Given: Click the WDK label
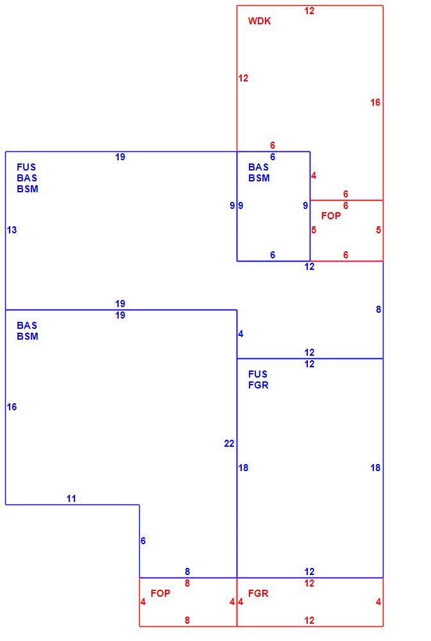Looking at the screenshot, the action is [x=259, y=21].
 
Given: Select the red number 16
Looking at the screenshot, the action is [x=375, y=103].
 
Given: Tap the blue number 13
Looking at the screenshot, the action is [x=12, y=230].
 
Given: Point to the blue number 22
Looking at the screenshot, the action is [x=229, y=444].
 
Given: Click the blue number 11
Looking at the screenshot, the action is [x=71, y=499].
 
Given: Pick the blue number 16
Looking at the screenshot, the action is [x=12, y=407].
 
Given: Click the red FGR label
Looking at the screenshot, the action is [x=258, y=593].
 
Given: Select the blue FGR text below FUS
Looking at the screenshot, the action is [x=258, y=385].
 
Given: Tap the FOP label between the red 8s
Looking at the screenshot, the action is [x=160, y=593].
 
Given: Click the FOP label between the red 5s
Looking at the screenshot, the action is [x=331, y=216].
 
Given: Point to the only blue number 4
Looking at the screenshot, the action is [x=241, y=335].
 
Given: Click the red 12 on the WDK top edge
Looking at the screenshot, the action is [x=309, y=11].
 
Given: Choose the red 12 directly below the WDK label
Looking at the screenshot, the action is [x=243, y=78].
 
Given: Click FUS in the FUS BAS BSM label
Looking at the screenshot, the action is [x=26, y=167].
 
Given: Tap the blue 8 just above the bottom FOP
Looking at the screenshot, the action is [x=187, y=572].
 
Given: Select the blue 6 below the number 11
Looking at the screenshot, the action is [x=143, y=541].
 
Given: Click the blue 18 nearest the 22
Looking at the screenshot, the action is [x=243, y=468].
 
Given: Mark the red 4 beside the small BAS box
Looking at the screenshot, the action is [x=314, y=176].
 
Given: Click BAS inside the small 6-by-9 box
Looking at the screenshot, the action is [x=258, y=167].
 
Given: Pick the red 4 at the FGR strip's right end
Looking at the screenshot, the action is [x=378, y=602].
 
